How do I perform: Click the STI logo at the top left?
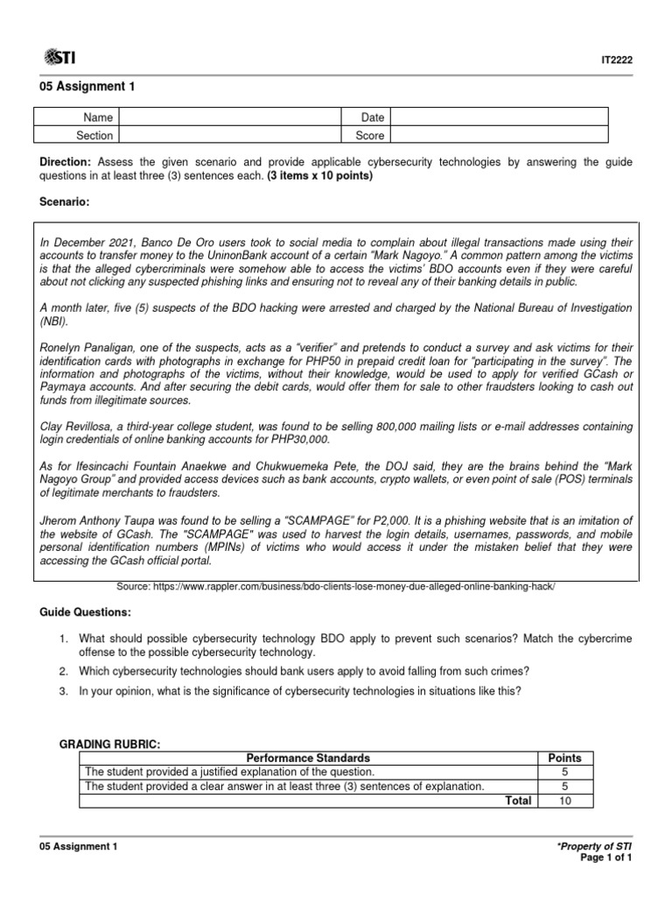point(59,58)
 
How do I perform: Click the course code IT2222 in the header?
point(618,60)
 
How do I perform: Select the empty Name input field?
point(228,117)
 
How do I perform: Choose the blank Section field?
point(228,135)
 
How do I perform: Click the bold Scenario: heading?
point(66,202)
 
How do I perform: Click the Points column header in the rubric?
point(564,758)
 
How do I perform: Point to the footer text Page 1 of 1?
point(605,858)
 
